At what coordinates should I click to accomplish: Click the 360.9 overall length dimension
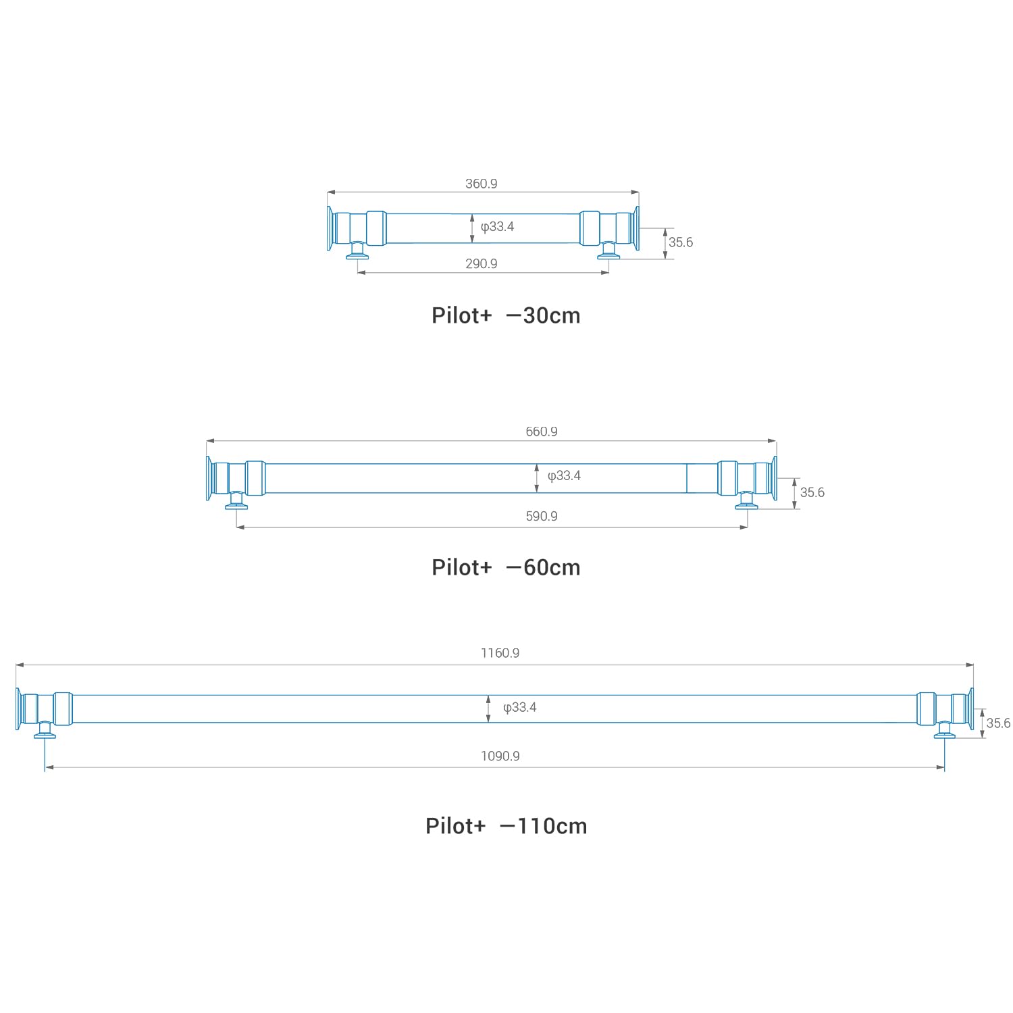[481, 184]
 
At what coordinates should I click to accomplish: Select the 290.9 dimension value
[481, 263]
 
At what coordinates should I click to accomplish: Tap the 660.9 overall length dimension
[541, 432]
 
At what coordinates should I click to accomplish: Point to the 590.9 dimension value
[541, 516]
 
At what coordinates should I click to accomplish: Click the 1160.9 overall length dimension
[500, 653]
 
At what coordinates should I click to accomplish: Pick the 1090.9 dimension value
[500, 756]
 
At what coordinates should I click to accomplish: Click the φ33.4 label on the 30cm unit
[497, 227]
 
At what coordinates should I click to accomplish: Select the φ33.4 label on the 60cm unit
[564, 476]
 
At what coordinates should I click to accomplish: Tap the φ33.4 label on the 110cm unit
[519, 708]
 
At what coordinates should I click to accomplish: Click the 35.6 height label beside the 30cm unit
[680, 242]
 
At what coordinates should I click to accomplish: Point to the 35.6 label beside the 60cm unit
[812, 492]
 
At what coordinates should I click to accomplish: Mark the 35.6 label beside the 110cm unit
[997, 723]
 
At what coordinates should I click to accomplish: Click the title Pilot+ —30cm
[506, 315]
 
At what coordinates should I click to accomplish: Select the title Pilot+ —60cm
[506, 567]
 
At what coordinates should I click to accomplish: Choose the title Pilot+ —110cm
[506, 826]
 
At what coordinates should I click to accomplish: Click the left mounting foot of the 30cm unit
[357, 252]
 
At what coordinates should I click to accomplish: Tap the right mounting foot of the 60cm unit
[746, 501]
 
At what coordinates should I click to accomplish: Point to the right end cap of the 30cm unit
[636, 228]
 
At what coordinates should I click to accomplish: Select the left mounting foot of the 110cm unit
[45, 731]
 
